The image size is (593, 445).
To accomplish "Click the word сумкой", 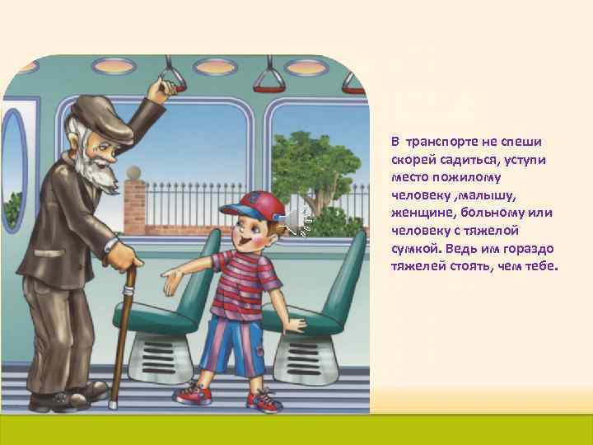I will [417, 250].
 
